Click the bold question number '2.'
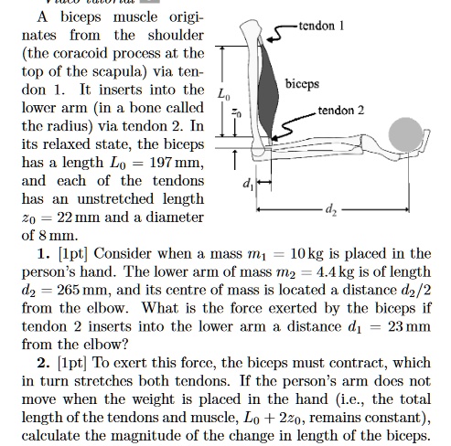[44, 362]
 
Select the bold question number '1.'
[44, 252]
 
